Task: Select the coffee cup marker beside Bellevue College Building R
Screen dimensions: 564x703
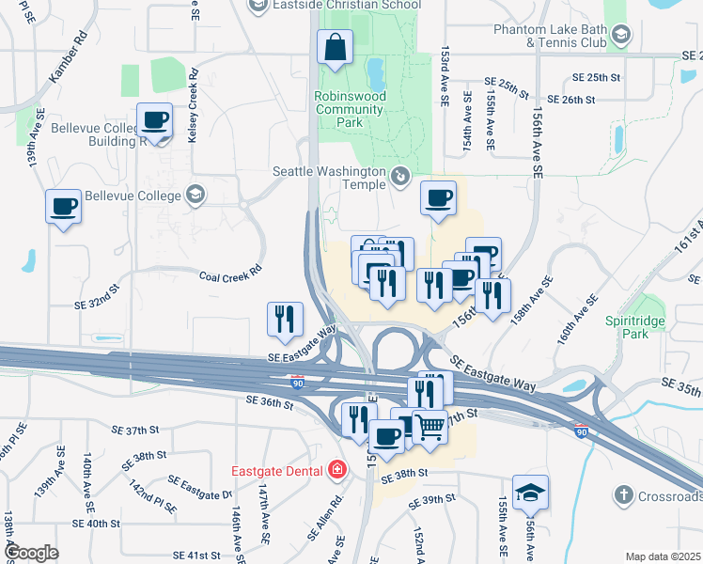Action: pos(154,121)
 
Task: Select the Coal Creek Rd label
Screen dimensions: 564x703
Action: pos(229,276)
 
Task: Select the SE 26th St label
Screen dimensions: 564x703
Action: pos(577,99)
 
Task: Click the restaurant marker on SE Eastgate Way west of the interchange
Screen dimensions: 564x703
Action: pos(285,319)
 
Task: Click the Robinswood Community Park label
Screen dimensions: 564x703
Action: pos(349,109)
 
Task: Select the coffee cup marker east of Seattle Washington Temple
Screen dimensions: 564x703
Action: pos(438,198)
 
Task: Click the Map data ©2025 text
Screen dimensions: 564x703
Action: pos(663,556)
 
